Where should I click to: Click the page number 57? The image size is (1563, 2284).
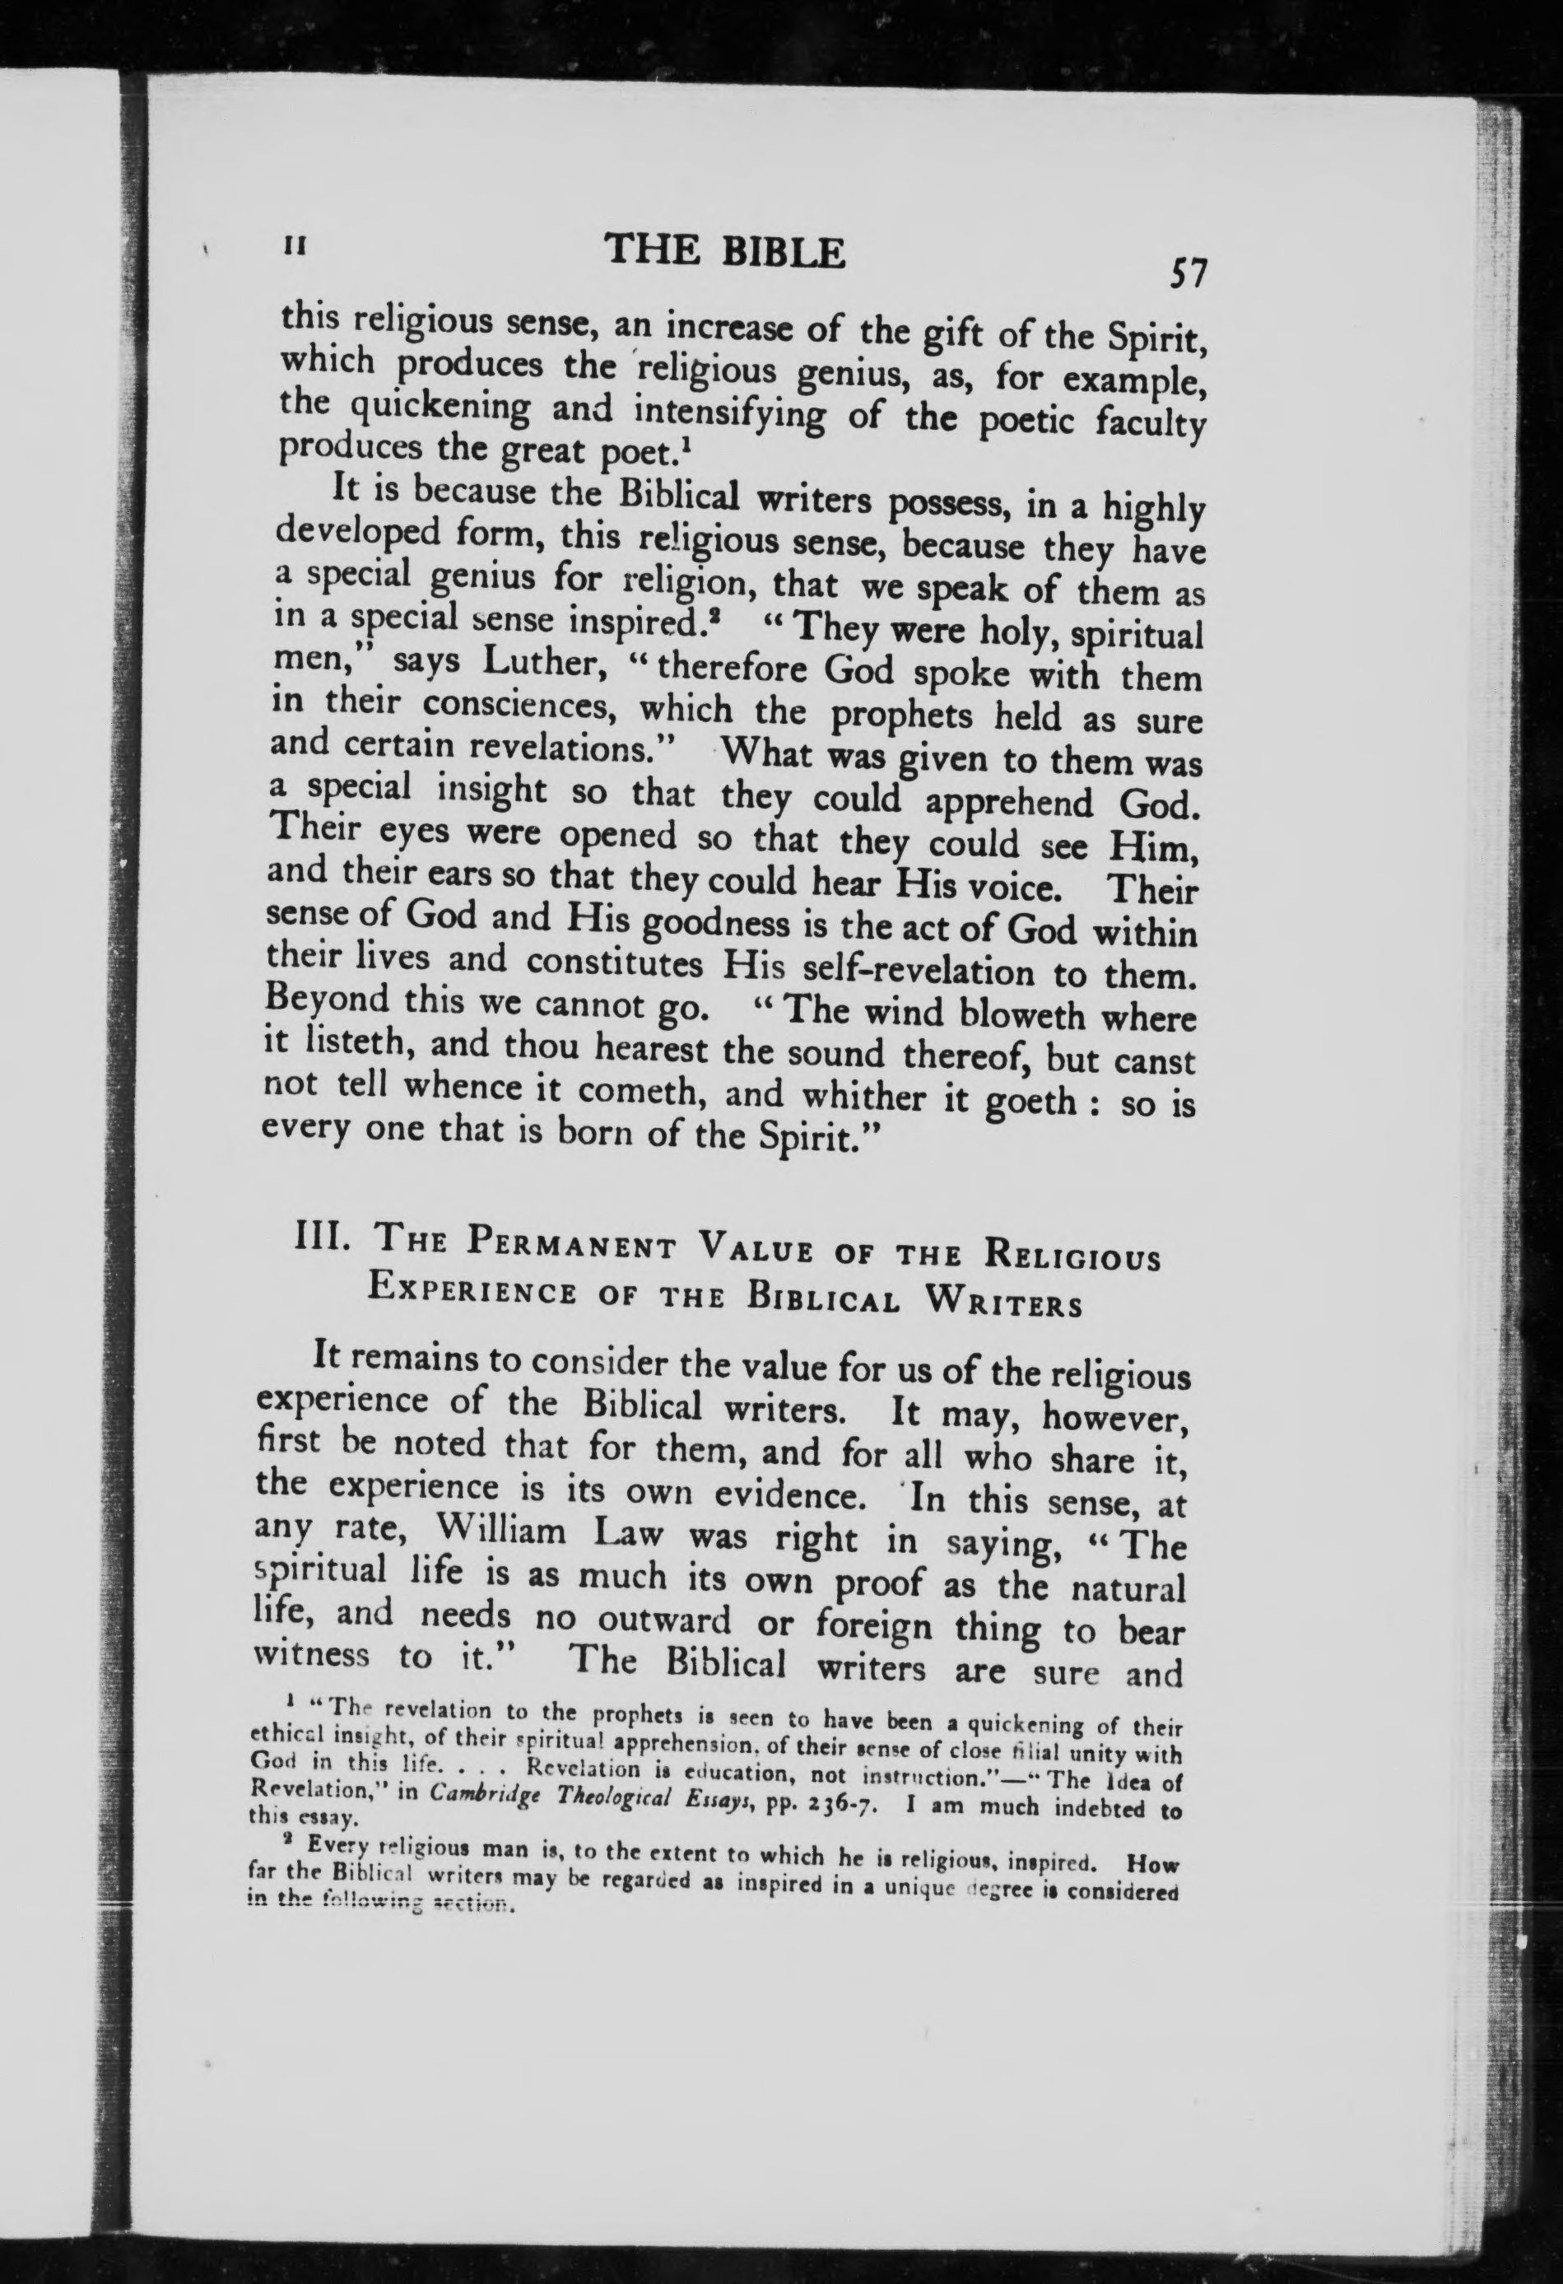click(1186, 273)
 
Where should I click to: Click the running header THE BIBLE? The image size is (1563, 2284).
click(726, 253)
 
